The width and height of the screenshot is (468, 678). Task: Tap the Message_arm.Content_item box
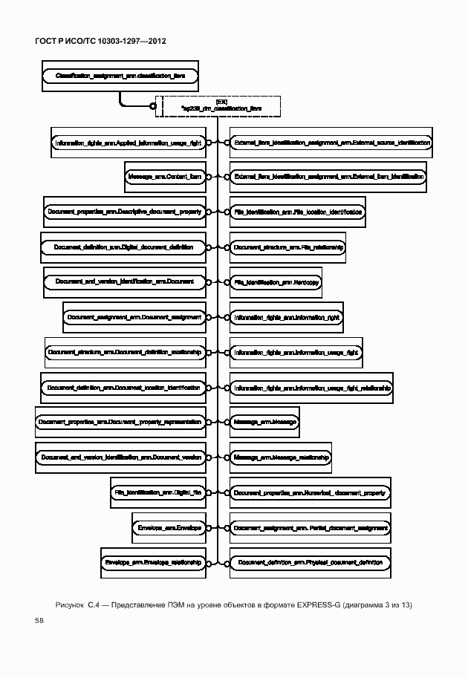coord(164,177)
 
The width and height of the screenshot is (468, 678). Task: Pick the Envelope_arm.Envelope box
coord(170,527)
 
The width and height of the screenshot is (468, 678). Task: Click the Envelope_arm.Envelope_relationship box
coord(153,563)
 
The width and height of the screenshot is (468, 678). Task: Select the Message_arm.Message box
coord(264,423)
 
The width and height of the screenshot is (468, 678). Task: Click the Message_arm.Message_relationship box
coord(280,457)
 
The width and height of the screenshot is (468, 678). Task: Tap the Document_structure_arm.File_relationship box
coord(287,247)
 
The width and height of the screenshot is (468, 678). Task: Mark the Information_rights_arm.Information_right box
coord(286,317)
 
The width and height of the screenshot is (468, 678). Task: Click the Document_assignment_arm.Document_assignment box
coord(134,317)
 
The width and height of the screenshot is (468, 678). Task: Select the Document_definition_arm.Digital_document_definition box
coord(123,247)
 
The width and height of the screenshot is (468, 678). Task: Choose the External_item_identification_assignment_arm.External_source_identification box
coord(331,142)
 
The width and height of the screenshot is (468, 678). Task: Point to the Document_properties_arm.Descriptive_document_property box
coord(125,212)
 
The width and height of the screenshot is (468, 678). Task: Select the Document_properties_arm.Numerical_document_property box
coord(310,492)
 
